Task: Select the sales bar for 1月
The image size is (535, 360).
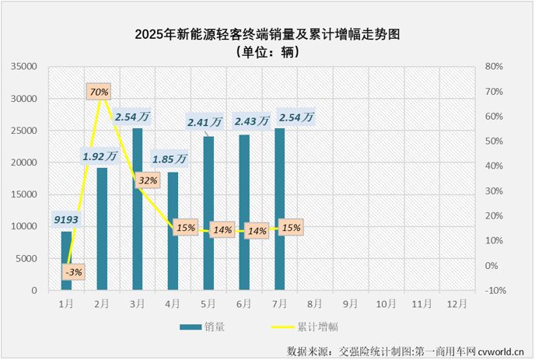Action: [x=66, y=260]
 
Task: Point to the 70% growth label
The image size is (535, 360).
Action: [x=99, y=92]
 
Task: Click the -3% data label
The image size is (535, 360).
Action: [x=74, y=271]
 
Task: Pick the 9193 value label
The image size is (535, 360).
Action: [x=66, y=220]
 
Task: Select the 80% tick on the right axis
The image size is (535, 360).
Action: [x=495, y=67]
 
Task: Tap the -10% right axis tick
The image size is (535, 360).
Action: [x=495, y=290]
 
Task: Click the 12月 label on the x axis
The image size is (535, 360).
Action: [x=456, y=304]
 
